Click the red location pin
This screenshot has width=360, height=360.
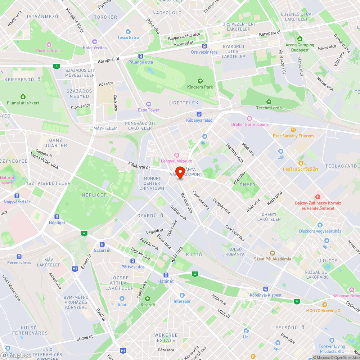point(180,172)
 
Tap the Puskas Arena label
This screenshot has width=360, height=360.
point(49,51)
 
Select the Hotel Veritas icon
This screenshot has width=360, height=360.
point(95,42)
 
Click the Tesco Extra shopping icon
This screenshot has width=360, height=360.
point(128,32)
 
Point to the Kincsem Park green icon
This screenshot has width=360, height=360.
point(200,81)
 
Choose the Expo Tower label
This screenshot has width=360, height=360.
point(148,110)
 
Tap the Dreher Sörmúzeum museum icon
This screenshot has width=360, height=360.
point(249,118)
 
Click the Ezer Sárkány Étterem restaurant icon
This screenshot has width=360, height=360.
point(293,130)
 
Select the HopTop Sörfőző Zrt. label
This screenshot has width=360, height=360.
point(301,169)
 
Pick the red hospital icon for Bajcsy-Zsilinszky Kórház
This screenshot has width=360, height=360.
point(318,197)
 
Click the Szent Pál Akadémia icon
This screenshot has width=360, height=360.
point(272,253)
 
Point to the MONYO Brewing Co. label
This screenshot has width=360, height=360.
point(325,311)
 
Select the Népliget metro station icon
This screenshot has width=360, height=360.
point(57,217)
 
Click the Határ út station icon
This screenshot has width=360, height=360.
point(166,275)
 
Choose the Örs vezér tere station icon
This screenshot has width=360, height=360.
point(204,46)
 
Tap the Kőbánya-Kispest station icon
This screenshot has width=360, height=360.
point(265,289)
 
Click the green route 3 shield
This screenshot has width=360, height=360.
point(56,66)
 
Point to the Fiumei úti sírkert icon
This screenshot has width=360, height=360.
point(23,97)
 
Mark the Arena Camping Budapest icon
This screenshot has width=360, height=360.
point(300,39)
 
